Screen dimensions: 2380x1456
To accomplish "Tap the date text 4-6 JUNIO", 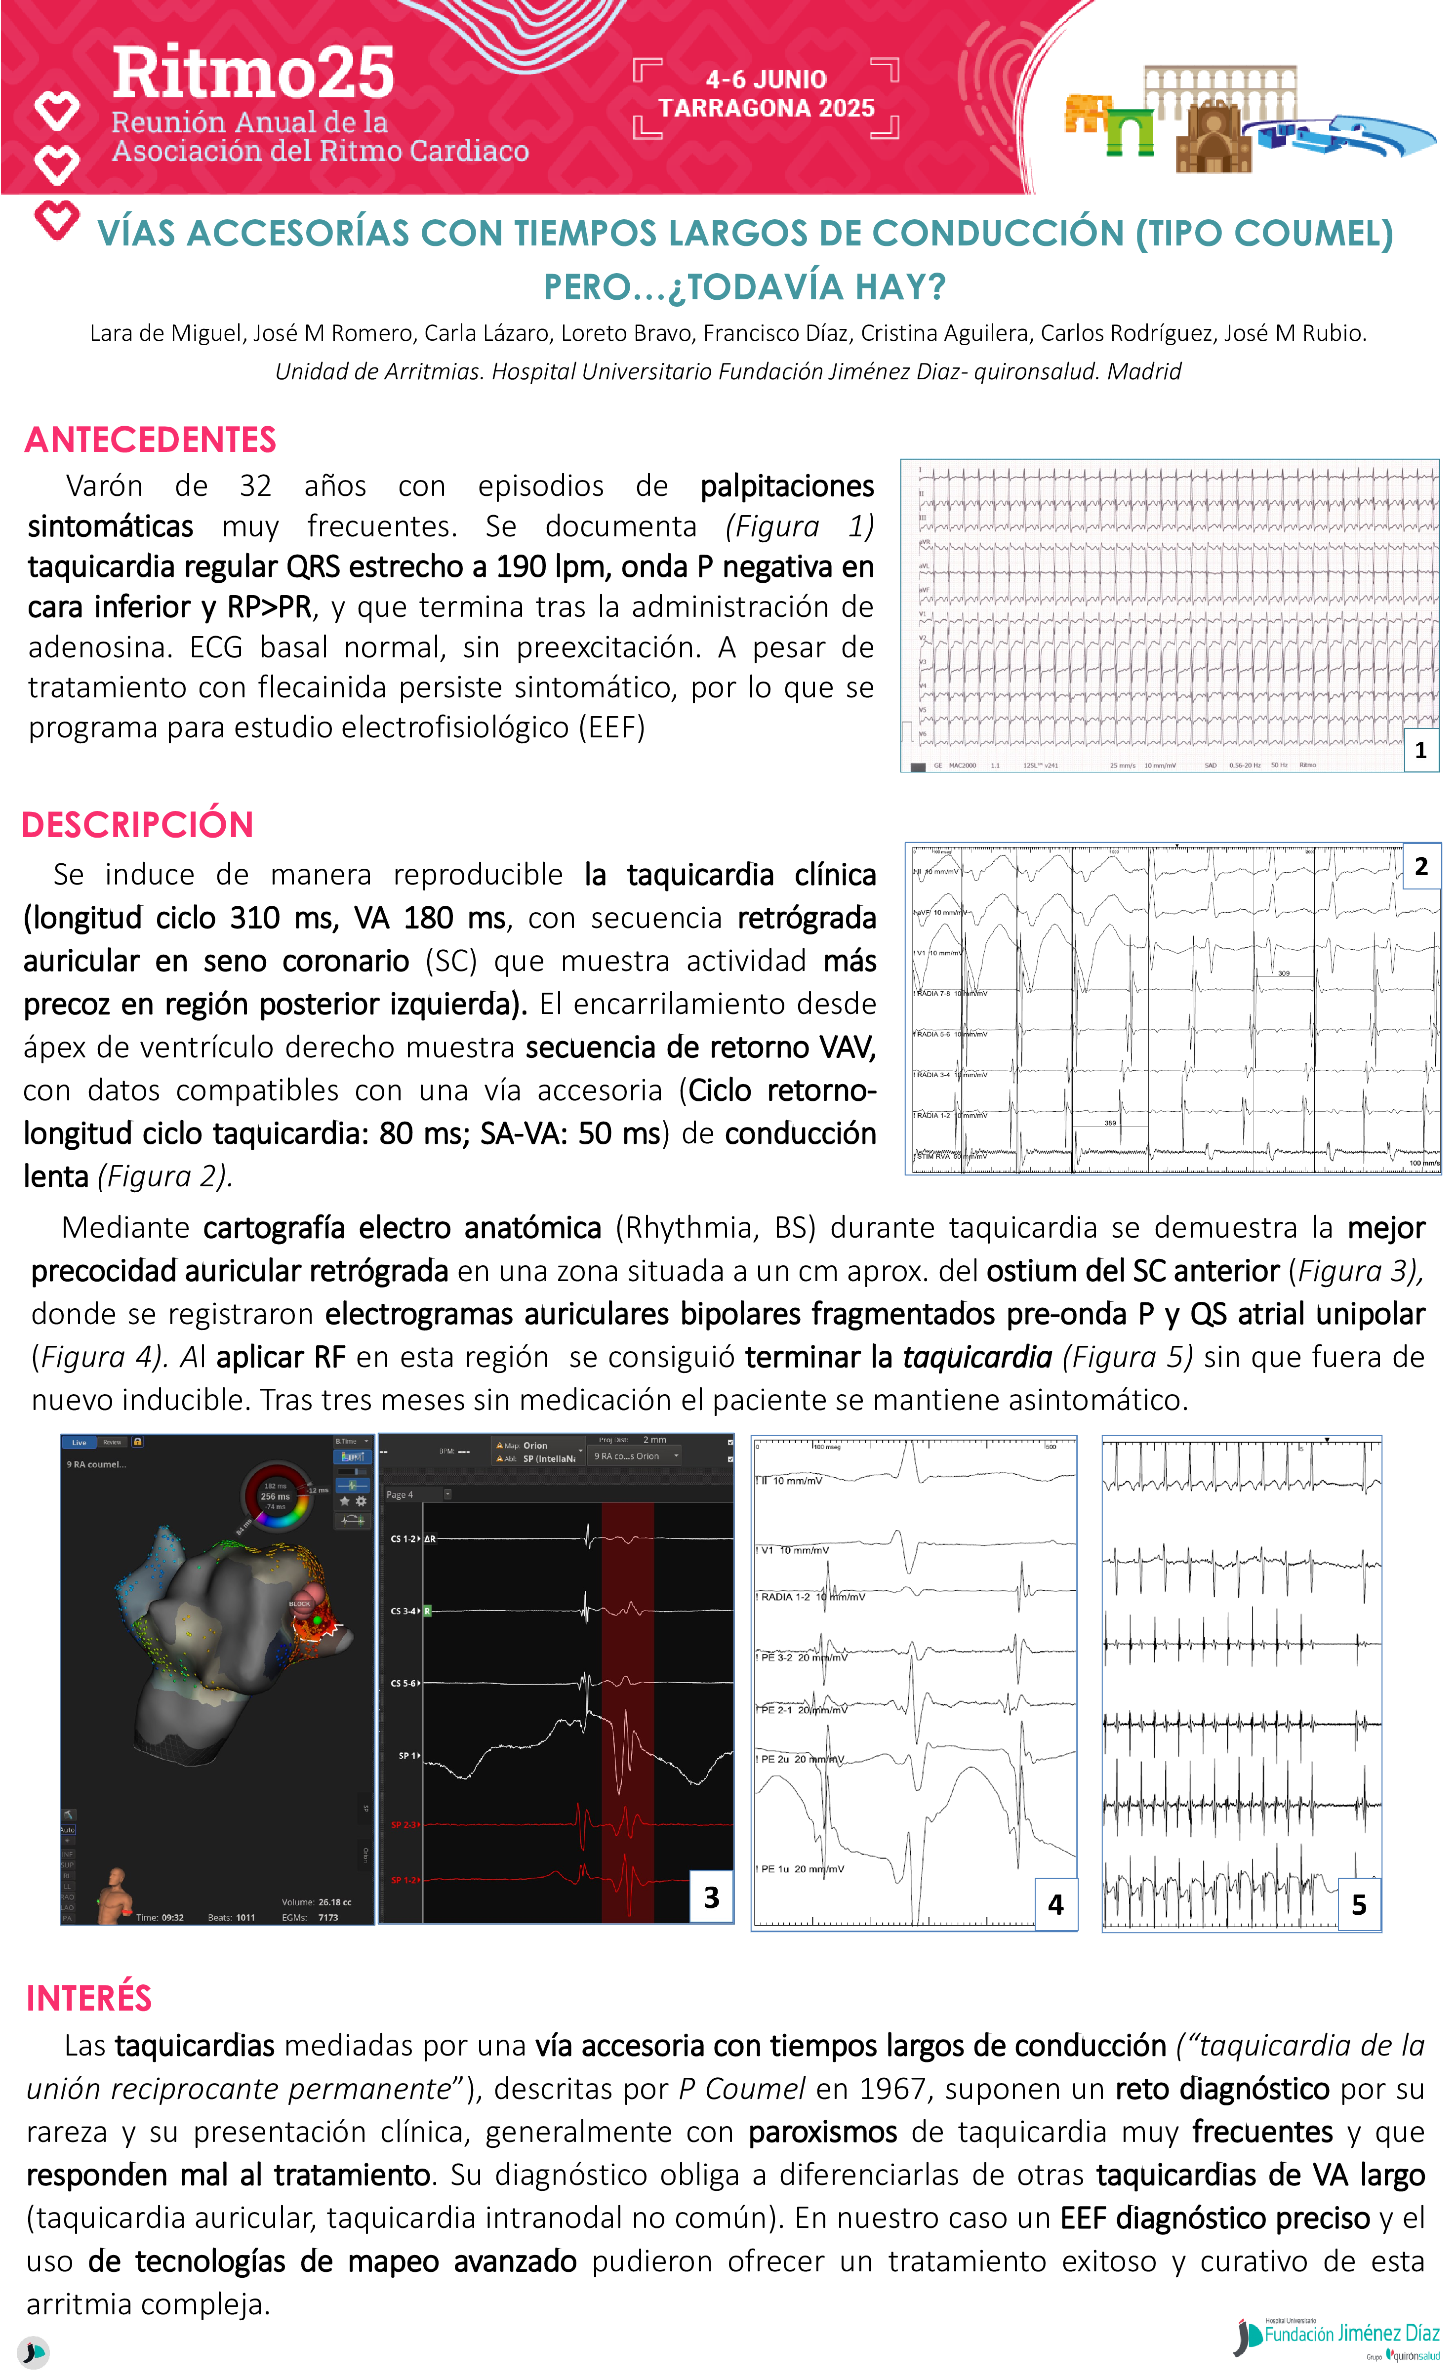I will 766,79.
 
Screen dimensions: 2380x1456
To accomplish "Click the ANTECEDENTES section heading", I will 151,440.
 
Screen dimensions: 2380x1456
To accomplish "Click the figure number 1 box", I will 1420,750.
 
